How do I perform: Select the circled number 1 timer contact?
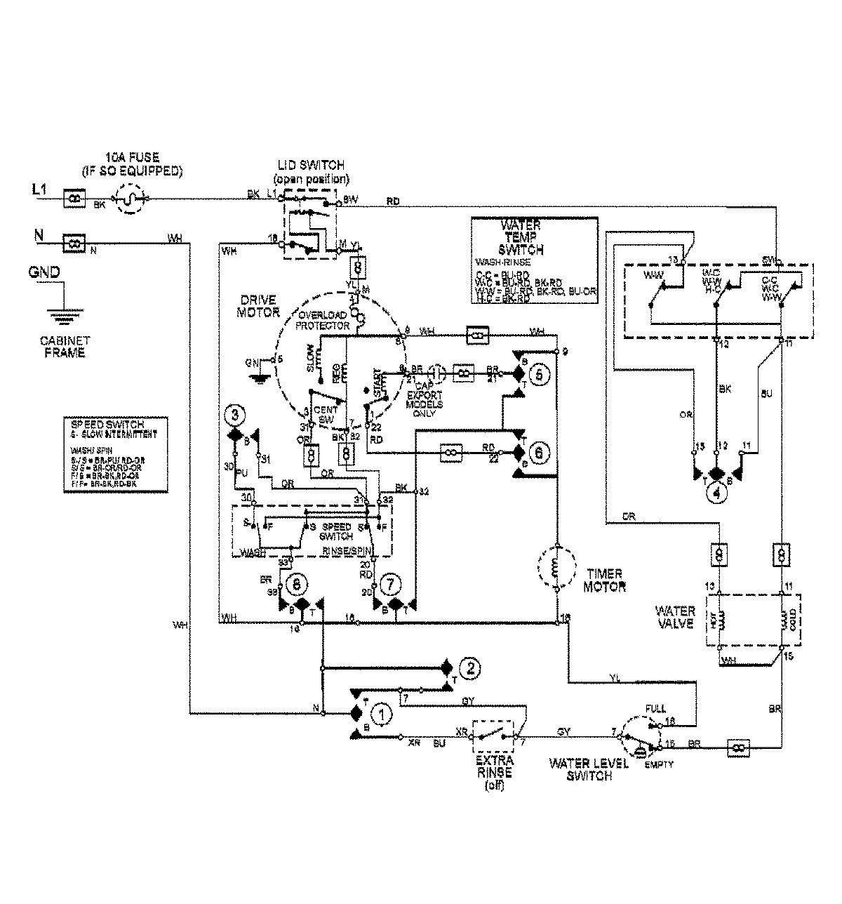click(x=382, y=714)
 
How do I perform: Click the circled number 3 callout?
click(x=236, y=416)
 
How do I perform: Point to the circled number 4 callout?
click(x=716, y=493)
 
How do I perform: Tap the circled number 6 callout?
click(x=539, y=454)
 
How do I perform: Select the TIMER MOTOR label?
click(x=604, y=580)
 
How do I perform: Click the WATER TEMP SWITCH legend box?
click(x=534, y=260)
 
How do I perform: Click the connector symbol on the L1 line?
click(x=74, y=199)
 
